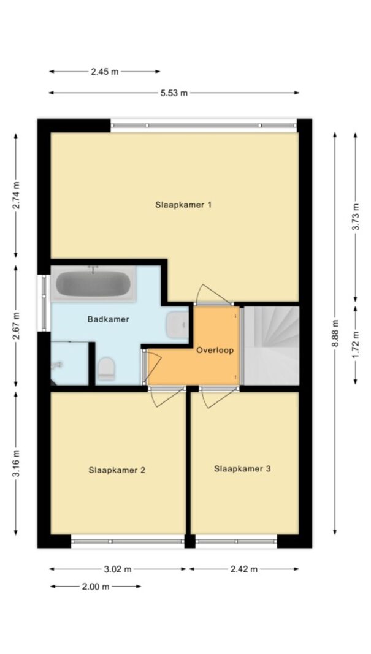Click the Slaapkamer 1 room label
[183, 205]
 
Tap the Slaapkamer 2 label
[117, 470]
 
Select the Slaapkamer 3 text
[242, 469]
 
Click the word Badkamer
[108, 319]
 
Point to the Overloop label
[215, 351]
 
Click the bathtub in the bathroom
[93, 284]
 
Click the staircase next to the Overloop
[271, 345]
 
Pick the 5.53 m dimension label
[174, 93]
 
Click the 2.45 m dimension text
[105, 72]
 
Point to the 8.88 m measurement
[335, 333]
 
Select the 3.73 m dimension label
[356, 216]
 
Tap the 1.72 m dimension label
[356, 345]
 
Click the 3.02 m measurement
[118, 569]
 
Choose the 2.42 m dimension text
[243, 569]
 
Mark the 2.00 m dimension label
[96, 587]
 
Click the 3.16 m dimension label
[16, 463]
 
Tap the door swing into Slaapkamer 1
[212, 293]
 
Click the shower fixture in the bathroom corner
[56, 365]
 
